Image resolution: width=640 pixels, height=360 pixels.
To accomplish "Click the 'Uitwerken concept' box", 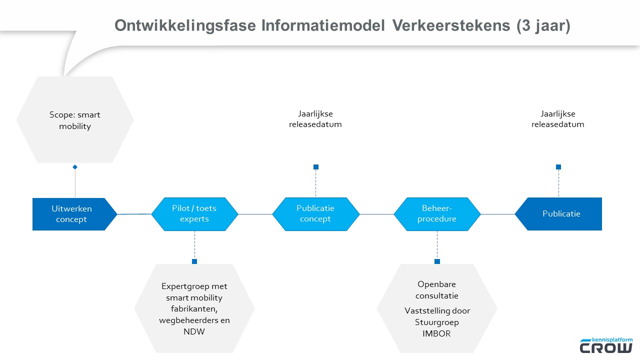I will pos(71,214).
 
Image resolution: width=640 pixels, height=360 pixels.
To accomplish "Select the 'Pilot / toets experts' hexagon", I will pos(194,214).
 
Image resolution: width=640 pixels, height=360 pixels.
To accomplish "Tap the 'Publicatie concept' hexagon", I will pos(315,214).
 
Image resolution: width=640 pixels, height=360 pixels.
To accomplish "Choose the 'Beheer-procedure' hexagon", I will pos(437,214).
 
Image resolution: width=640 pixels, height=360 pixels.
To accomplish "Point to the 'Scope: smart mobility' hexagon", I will pos(75,120).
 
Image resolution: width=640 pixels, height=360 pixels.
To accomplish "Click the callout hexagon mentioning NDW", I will pos(194,308).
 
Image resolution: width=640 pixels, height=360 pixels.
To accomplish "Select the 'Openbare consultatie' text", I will pos(437,290).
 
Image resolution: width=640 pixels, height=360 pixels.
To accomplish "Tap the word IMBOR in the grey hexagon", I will pos(436,334).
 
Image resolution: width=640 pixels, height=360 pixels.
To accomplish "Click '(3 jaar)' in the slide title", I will pos(543,26).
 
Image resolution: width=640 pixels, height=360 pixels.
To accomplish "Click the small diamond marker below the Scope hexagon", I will pos(75,167).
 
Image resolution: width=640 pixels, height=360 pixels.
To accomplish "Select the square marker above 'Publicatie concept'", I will pos(316,167).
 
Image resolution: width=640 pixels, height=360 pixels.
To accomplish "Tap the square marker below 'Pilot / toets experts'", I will pos(194,261).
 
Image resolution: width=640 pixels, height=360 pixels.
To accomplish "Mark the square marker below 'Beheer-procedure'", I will pos(437,261).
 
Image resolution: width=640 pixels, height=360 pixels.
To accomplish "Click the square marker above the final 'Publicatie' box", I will pos(558,167).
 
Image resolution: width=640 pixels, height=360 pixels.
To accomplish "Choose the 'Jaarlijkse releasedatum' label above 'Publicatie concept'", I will pos(315,119).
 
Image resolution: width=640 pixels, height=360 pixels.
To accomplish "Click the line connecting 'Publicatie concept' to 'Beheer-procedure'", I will pos(376,214).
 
